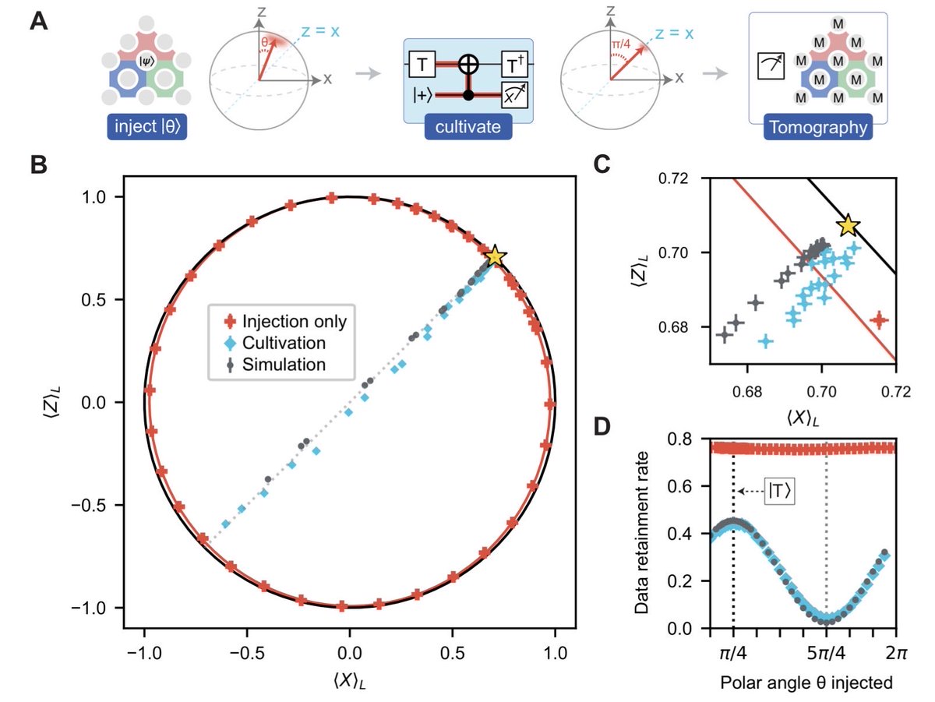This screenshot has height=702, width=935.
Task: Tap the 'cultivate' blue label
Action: coord(467,126)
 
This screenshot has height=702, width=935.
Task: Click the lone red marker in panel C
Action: coord(880,319)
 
